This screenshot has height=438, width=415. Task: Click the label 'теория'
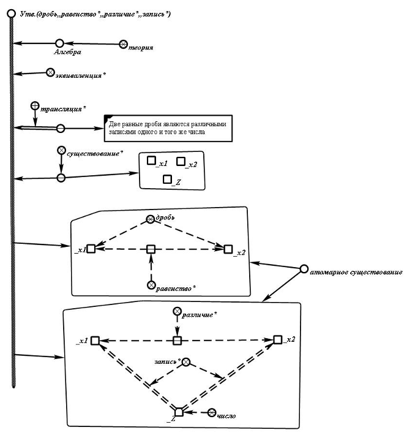(140, 47)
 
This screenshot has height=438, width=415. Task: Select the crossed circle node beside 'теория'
(123, 44)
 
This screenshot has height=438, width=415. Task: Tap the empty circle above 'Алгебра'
(59, 43)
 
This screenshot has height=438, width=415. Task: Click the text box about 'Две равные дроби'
(168, 127)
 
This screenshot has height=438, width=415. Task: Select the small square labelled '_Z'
(168, 179)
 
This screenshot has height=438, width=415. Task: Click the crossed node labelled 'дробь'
(151, 219)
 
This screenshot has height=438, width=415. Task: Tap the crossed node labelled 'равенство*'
(151, 285)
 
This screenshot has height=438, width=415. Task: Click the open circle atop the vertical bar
(11, 12)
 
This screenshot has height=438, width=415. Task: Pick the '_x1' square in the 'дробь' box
(91, 249)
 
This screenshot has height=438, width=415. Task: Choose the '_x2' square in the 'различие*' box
(277, 339)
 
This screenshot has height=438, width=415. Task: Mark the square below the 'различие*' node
(177, 340)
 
